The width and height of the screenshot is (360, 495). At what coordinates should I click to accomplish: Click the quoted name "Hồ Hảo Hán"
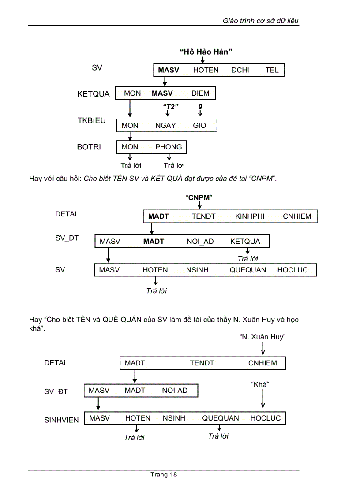coord(206,52)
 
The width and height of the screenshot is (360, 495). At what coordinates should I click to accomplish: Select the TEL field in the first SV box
coord(272,70)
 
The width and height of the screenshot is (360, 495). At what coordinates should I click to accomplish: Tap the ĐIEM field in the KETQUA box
coord(200,93)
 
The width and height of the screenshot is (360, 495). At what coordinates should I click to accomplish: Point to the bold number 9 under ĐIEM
coord(200,107)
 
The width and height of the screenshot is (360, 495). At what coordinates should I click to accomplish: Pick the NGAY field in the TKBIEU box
coord(165,125)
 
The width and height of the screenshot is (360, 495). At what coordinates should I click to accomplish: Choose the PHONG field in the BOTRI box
coord(169,147)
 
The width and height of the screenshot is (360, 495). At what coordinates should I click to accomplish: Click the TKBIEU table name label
coord(92,120)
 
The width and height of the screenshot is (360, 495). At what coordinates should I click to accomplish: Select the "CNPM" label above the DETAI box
coord(199,197)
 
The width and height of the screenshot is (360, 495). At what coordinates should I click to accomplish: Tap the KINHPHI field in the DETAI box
coord(250,216)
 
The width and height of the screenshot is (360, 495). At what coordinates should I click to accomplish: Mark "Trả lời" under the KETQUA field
coord(248,259)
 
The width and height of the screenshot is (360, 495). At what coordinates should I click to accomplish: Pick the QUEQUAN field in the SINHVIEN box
coord(221,418)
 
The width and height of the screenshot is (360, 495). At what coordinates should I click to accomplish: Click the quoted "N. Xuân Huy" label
coord(263,337)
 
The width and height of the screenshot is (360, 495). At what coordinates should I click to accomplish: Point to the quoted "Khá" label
coord(260,384)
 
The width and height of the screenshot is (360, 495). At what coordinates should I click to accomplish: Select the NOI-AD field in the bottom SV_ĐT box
coord(175,391)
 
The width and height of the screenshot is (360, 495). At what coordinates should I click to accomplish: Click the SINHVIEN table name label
coord(61,420)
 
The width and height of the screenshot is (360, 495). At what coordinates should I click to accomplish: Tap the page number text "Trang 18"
coord(164,475)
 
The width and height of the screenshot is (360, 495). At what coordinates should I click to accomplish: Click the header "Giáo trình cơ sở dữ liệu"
coord(261,21)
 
